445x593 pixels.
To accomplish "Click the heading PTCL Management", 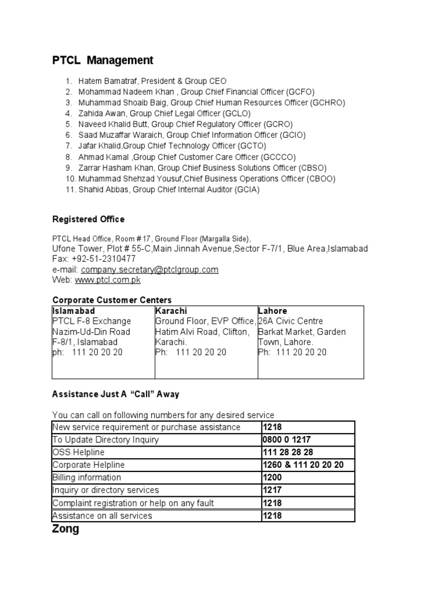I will tap(103, 60).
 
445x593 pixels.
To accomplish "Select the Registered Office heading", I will tap(88, 219).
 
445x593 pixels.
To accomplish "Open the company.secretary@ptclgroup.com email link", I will tap(149, 270).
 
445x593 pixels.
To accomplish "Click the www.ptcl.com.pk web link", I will tap(107, 280).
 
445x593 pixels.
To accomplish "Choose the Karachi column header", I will tap(171, 311).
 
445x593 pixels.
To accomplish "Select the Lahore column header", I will tap(272, 311).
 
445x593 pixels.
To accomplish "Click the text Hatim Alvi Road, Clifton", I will tap(202, 332).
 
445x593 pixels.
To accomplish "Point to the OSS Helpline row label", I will tap(78, 452).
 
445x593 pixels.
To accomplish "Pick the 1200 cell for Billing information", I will tap(273, 478).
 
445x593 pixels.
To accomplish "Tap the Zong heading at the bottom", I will tap(65, 529).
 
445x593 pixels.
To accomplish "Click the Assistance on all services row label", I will tap(102, 516).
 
